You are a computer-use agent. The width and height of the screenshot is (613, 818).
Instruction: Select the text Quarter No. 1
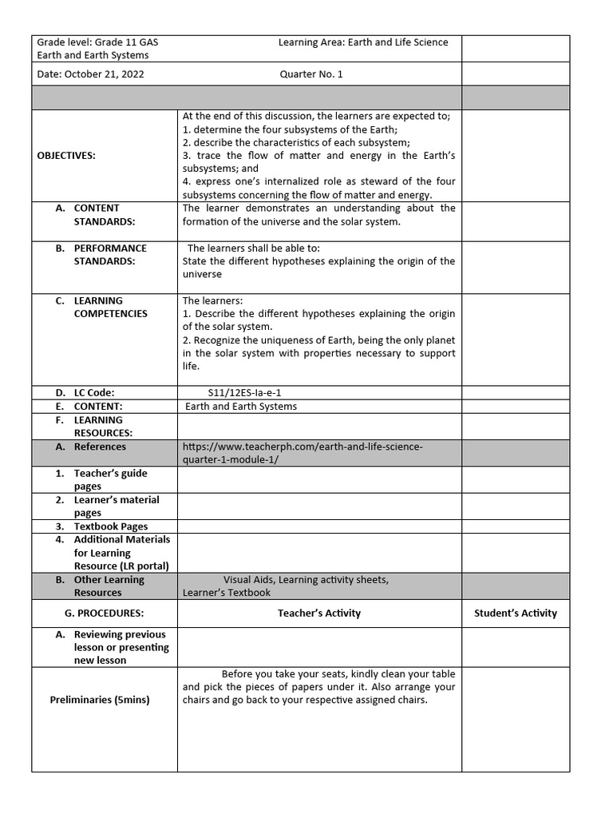tap(311, 74)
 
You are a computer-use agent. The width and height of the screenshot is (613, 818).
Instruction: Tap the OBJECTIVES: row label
tap(66, 156)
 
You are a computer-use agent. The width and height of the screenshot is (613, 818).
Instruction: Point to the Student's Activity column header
tap(516, 613)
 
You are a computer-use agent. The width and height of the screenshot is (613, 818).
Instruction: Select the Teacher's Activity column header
tap(319, 613)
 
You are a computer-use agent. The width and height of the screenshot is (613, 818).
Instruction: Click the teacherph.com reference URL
tap(303, 453)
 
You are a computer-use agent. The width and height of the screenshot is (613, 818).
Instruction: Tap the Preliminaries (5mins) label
tap(100, 700)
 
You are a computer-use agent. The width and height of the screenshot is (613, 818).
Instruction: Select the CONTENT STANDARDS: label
tap(104, 215)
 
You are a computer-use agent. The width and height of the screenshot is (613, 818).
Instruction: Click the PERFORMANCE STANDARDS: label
tap(110, 255)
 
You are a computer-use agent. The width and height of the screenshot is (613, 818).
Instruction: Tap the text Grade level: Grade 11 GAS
tap(103, 42)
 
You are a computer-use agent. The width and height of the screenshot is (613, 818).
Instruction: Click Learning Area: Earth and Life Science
tap(363, 42)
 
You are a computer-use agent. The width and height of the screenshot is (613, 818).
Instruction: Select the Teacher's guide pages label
tap(110, 479)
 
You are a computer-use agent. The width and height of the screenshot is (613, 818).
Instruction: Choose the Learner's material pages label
tap(116, 506)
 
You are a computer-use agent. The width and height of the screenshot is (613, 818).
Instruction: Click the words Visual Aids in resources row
tap(248, 580)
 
